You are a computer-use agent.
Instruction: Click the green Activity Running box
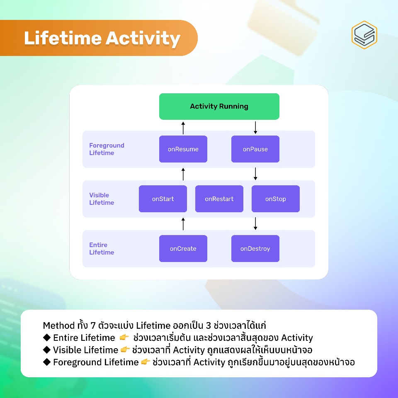(x=219, y=107)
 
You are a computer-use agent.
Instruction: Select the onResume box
(x=183, y=149)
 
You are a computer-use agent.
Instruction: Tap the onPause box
(x=255, y=149)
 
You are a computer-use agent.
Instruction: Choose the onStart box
(x=163, y=199)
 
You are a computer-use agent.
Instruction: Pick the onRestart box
(x=219, y=199)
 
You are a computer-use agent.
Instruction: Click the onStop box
(x=275, y=199)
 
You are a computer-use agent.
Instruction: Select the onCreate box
(x=183, y=249)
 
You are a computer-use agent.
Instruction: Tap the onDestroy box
(x=255, y=249)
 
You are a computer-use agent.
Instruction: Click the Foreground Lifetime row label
(x=107, y=149)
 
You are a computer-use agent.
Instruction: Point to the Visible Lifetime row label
(x=102, y=199)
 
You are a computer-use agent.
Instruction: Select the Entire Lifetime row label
(x=102, y=249)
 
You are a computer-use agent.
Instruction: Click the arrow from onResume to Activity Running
(x=183, y=127)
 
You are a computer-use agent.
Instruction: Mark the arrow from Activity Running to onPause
(x=255, y=127)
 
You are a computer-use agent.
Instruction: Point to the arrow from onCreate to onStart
(x=183, y=223)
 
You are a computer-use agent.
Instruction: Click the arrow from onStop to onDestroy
(x=255, y=223)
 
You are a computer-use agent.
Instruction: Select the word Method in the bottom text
(x=58, y=325)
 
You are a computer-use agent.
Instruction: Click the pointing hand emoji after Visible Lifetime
(x=125, y=350)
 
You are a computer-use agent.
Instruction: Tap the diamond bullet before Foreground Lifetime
(x=46, y=362)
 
